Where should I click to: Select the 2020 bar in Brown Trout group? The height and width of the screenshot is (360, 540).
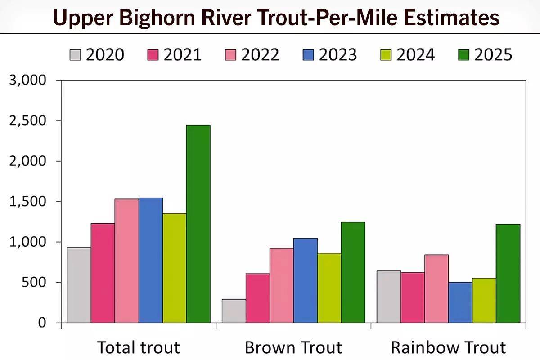pos(234,311)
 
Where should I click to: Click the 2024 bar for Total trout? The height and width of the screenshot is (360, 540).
pos(174,268)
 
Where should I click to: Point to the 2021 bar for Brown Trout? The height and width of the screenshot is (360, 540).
pos(257,298)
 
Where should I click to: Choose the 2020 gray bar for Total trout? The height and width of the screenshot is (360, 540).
pos(79,285)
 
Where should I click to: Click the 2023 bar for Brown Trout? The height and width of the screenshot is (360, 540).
pos(306,280)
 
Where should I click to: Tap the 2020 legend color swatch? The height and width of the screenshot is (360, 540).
pos(76,55)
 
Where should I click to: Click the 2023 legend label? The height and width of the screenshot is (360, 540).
pos(337,55)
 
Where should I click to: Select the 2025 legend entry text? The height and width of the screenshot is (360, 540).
pos(493,55)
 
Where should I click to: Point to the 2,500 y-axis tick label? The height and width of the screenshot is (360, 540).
pos(28,121)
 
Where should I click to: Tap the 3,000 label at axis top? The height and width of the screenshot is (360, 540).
pos(28,80)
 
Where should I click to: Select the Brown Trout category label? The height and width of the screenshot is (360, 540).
pos(293,347)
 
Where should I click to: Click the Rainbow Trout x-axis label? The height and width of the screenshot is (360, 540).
pos(448,347)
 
